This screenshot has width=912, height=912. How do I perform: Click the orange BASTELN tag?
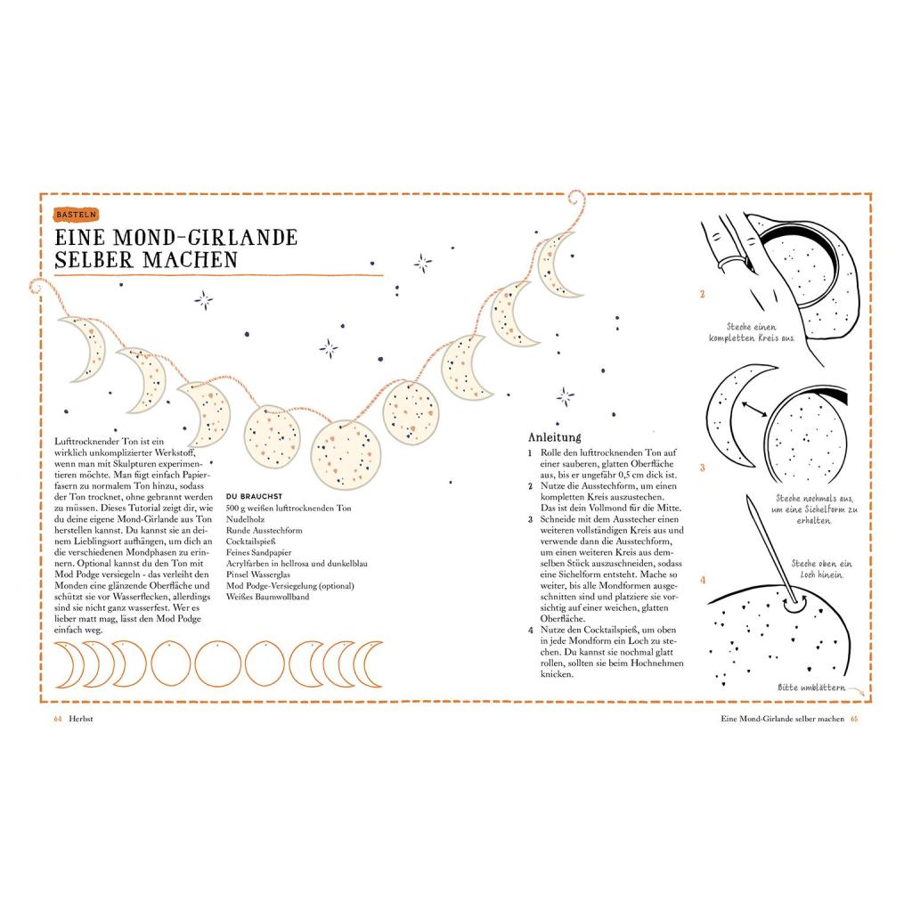(77, 215)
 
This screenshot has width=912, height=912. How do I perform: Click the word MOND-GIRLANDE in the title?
(205, 237)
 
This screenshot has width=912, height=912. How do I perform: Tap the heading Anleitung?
(554, 437)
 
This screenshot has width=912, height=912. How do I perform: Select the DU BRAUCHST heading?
(254, 496)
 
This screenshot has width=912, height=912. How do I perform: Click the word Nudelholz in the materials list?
(245, 519)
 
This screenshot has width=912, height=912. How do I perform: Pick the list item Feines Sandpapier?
(259, 552)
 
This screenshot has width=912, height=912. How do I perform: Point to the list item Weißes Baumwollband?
(267, 597)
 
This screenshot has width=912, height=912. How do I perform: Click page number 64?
(58, 719)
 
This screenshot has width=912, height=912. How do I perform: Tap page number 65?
(854, 719)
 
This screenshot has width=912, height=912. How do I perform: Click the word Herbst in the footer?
(81, 719)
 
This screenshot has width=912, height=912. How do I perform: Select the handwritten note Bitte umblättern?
(811, 688)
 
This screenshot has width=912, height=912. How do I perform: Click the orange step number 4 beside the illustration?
(703, 580)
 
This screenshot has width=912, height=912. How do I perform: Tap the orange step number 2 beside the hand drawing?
(702, 294)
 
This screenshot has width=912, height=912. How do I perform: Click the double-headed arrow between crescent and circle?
(754, 409)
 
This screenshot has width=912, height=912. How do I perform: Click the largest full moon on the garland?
(346, 455)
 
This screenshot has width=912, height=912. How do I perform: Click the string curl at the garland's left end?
(37, 286)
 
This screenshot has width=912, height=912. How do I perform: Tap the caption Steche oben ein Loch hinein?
(821, 569)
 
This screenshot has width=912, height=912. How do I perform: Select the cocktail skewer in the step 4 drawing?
(769, 549)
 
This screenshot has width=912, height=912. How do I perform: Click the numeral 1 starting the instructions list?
(530, 453)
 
